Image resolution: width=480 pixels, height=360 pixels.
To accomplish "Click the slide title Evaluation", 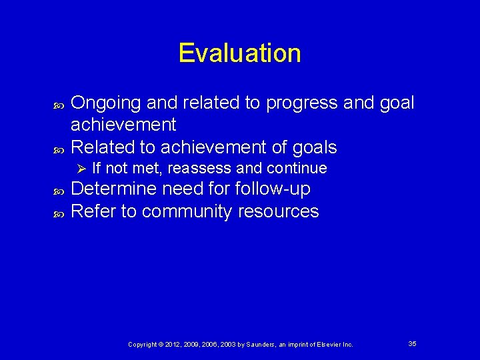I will click(x=239, y=53).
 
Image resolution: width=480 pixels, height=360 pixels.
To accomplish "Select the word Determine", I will click(x=115, y=189).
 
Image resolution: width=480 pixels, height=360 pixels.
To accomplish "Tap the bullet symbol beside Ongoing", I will click(x=57, y=105).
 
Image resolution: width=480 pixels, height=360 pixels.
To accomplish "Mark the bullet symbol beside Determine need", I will click(x=57, y=191).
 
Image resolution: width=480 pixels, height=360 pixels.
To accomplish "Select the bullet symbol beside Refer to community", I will click(x=57, y=213).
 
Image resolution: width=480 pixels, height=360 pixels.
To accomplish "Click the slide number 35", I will click(x=412, y=343).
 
